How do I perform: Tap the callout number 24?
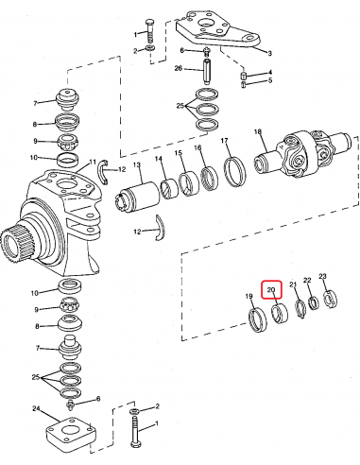[x=36, y=409]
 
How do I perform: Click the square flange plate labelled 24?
[x=72, y=433]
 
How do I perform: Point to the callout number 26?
[x=178, y=68]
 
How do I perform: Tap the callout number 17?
[x=225, y=141]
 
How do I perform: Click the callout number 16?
[x=198, y=148]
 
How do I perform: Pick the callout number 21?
[x=293, y=284]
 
